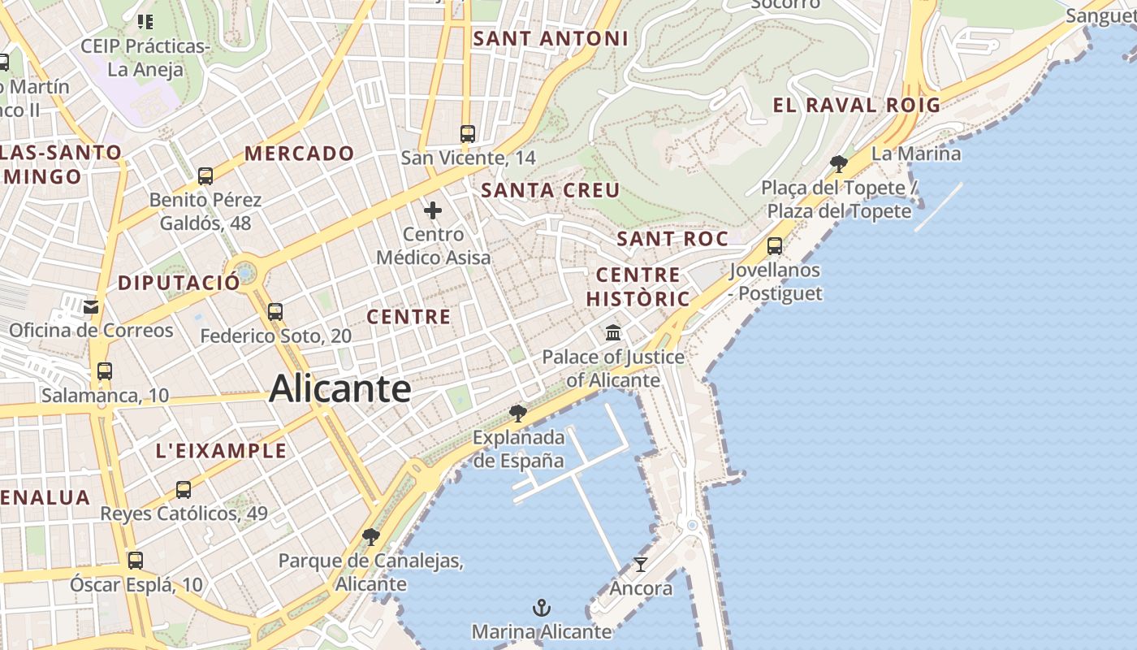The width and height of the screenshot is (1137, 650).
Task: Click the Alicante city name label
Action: tap(340, 388)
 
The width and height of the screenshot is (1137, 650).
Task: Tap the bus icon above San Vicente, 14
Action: tap(468, 134)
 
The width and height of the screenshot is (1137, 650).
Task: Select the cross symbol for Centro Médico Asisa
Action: tap(433, 210)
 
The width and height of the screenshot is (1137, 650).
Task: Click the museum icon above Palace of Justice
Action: tap(613, 333)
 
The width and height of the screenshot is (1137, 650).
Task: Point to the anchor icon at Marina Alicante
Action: tap(541, 608)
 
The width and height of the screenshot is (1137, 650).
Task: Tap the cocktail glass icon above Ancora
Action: tap(641, 564)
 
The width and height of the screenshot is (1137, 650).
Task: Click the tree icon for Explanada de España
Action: tap(517, 414)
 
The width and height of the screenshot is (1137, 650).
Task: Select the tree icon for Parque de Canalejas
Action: tap(371, 536)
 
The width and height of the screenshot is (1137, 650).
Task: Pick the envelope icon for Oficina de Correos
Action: tap(91, 307)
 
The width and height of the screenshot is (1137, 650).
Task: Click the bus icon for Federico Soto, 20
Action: tap(275, 312)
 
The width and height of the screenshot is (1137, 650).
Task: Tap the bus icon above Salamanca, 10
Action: tap(105, 371)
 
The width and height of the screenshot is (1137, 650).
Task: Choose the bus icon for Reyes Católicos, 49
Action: tap(184, 490)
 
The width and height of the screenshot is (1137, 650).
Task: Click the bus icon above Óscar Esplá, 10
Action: tap(135, 561)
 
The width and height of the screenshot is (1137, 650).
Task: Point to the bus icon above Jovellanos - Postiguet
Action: tap(775, 245)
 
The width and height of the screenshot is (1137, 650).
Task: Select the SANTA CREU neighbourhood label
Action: tap(551, 190)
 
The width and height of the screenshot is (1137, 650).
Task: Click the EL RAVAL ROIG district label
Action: tap(856, 105)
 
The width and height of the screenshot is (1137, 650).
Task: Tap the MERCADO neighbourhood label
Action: tap(300, 153)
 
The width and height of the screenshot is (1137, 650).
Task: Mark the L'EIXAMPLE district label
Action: tap(221, 451)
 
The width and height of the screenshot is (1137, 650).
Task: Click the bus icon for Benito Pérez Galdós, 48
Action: tap(205, 176)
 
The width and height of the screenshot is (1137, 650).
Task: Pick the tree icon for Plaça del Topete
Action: tap(839, 164)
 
